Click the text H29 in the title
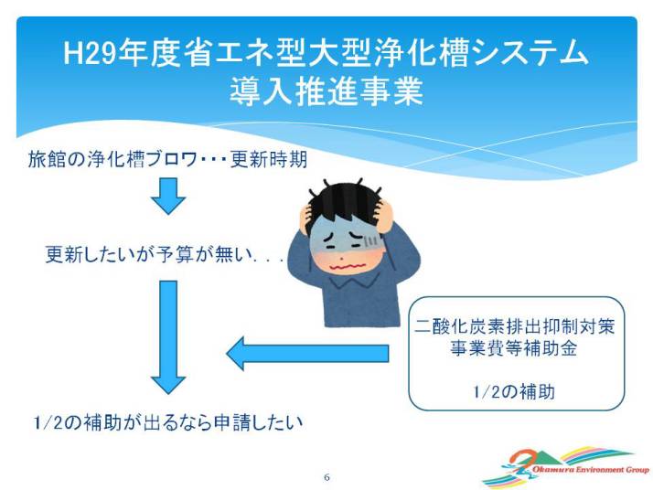(x=90, y=53)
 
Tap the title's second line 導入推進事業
(x=326, y=91)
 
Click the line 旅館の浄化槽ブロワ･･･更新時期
(x=167, y=159)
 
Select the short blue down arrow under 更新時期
(x=168, y=196)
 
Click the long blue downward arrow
(x=168, y=337)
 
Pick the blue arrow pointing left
(x=307, y=353)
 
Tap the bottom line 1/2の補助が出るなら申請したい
(x=167, y=422)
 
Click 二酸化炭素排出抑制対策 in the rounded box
(x=515, y=326)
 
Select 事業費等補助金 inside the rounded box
(x=514, y=348)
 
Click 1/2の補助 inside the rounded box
(x=514, y=392)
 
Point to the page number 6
(x=326, y=477)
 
